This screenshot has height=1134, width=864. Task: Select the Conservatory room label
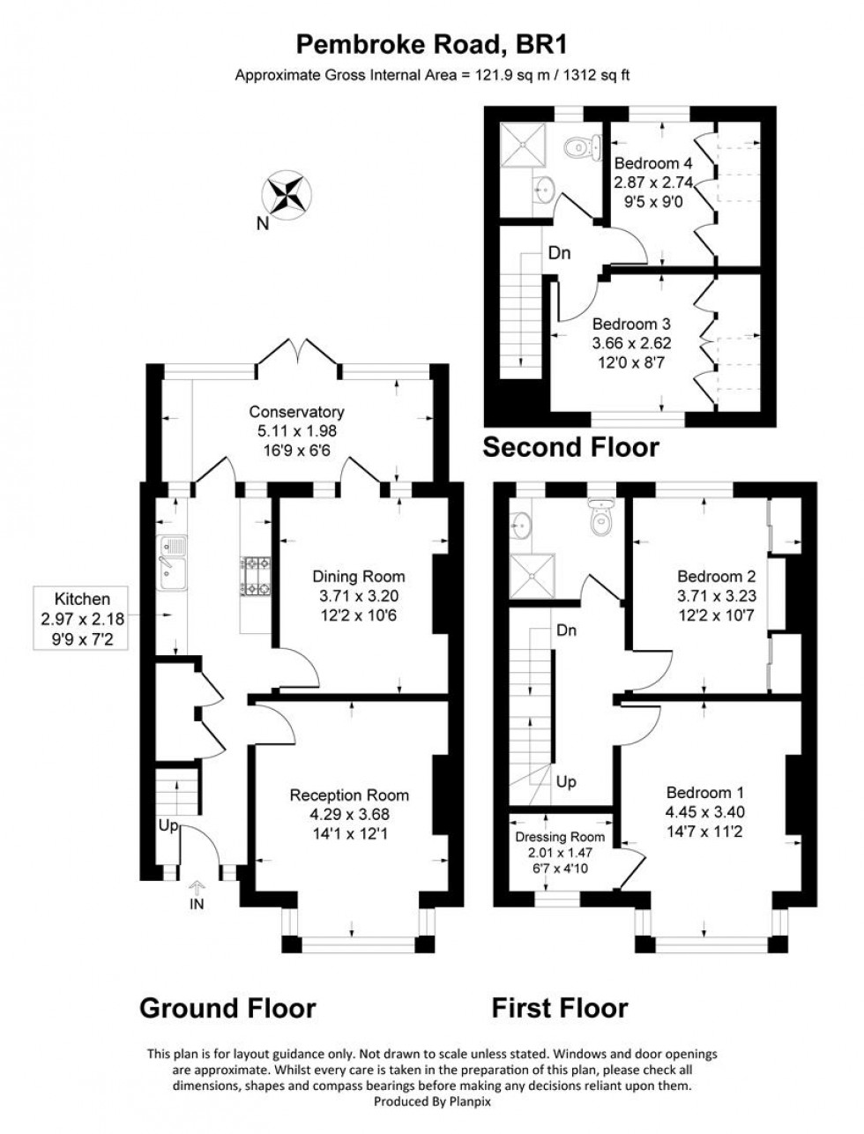[x=296, y=412]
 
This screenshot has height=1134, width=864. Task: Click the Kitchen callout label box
[x=83, y=617]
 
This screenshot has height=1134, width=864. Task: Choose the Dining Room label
[x=359, y=577]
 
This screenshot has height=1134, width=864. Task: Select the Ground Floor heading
[x=227, y=1007]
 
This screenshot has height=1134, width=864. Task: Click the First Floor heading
[x=560, y=1007]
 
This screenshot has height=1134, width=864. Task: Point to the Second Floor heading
[x=570, y=447]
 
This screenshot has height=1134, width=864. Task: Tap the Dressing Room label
[x=560, y=837]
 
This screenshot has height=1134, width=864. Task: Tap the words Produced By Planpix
[x=432, y=1102]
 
